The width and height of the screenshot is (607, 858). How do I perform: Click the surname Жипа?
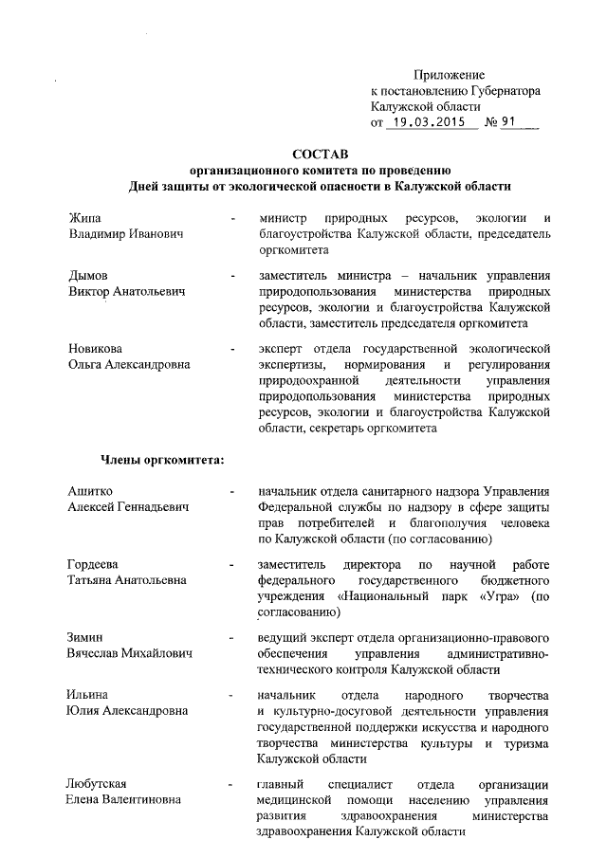point(83,217)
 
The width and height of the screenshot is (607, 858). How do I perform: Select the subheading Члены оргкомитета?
point(163,462)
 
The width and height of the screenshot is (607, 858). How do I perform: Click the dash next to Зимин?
point(232,639)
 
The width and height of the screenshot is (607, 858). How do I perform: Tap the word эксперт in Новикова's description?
point(280,348)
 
